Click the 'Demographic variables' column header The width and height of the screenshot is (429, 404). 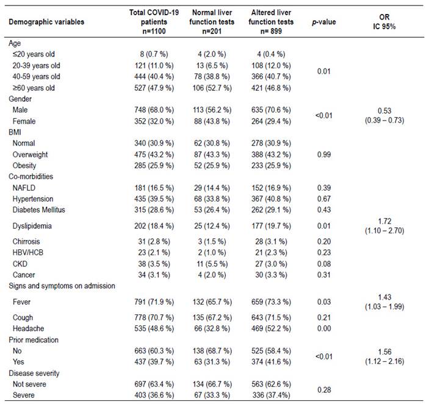click(46, 22)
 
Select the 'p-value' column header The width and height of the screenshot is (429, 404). click(324, 22)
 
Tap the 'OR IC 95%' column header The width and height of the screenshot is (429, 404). click(384, 22)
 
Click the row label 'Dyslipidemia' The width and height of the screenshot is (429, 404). click(32, 226)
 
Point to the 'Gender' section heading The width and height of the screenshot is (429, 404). click(20, 99)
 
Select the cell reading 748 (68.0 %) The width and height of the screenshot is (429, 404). click(154, 110)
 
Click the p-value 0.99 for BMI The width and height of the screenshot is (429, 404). click(324, 155)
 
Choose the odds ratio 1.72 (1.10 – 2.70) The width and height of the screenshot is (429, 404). click(384, 226)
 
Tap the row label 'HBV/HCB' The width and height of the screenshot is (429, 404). click(28, 253)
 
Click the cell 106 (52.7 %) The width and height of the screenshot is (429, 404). click(212, 88)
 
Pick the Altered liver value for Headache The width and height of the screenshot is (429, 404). click(271, 328)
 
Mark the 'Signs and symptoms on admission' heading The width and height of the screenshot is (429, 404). click(62, 286)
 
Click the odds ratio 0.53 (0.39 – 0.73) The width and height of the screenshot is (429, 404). click(384, 116)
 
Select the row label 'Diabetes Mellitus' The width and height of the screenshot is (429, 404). click(39, 210)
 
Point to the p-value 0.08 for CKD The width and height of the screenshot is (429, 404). click(324, 264)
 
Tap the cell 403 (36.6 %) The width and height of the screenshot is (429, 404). click(154, 395)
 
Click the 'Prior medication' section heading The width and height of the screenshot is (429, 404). click(34, 340)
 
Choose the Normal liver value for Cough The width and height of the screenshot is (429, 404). click(212, 317)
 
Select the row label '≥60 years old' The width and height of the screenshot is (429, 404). click(34, 88)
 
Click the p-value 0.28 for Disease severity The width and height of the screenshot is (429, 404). click(324, 390)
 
